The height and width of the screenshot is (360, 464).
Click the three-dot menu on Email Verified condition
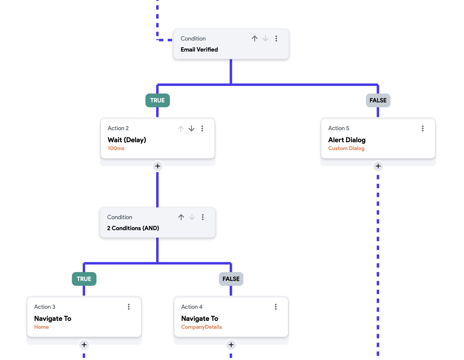276,38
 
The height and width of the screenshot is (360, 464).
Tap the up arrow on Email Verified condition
254,38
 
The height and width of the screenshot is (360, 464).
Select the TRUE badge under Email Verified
158,100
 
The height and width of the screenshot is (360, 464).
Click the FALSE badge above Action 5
378,100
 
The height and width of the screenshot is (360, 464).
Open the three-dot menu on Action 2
202,128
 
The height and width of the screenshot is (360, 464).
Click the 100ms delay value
116,148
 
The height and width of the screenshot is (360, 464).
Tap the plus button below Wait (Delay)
158,166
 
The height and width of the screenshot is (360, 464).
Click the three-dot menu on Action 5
422,128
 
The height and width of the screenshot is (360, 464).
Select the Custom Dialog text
346,148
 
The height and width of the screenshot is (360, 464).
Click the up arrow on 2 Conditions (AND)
181,217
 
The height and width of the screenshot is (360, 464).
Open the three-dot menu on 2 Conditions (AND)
203,217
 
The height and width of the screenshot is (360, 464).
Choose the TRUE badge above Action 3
84,279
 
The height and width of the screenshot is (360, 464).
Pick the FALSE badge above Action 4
231,279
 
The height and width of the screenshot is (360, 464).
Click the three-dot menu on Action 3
129,307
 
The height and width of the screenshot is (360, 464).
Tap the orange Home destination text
42,327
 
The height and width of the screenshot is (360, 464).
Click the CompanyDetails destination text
201,327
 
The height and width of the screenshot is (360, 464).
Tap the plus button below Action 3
84,345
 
